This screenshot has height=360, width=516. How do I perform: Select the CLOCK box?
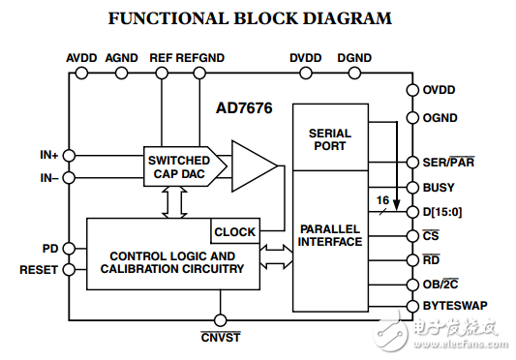coord(235,231)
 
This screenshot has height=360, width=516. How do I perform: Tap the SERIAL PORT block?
coord(330,137)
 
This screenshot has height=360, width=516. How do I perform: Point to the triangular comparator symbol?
coord(255,166)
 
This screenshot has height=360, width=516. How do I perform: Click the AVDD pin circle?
coord(81,73)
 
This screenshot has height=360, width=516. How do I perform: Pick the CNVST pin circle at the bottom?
coord(220,320)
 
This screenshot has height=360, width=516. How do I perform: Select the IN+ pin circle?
coord(69,155)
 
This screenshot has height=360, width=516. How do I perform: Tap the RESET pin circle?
coord(69,270)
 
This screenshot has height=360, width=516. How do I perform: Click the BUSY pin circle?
coord(412,188)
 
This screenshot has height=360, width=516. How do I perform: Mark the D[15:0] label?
coord(442,212)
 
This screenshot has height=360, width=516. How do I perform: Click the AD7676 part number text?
coord(244,108)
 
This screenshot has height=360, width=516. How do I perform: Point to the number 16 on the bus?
coord(382,200)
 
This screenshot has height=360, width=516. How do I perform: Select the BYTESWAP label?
coord(455,306)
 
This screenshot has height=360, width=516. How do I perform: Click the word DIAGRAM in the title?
coord(348,18)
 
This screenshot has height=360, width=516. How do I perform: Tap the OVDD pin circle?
coord(412,90)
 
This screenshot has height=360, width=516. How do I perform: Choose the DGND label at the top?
coord(354,58)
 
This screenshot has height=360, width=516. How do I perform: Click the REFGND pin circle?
coord(199,73)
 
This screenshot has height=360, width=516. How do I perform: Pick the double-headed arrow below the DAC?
coord(174,202)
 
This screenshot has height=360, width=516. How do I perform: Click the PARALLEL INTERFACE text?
coord(330,235)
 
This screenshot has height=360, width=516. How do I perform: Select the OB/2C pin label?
coord(440,284)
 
